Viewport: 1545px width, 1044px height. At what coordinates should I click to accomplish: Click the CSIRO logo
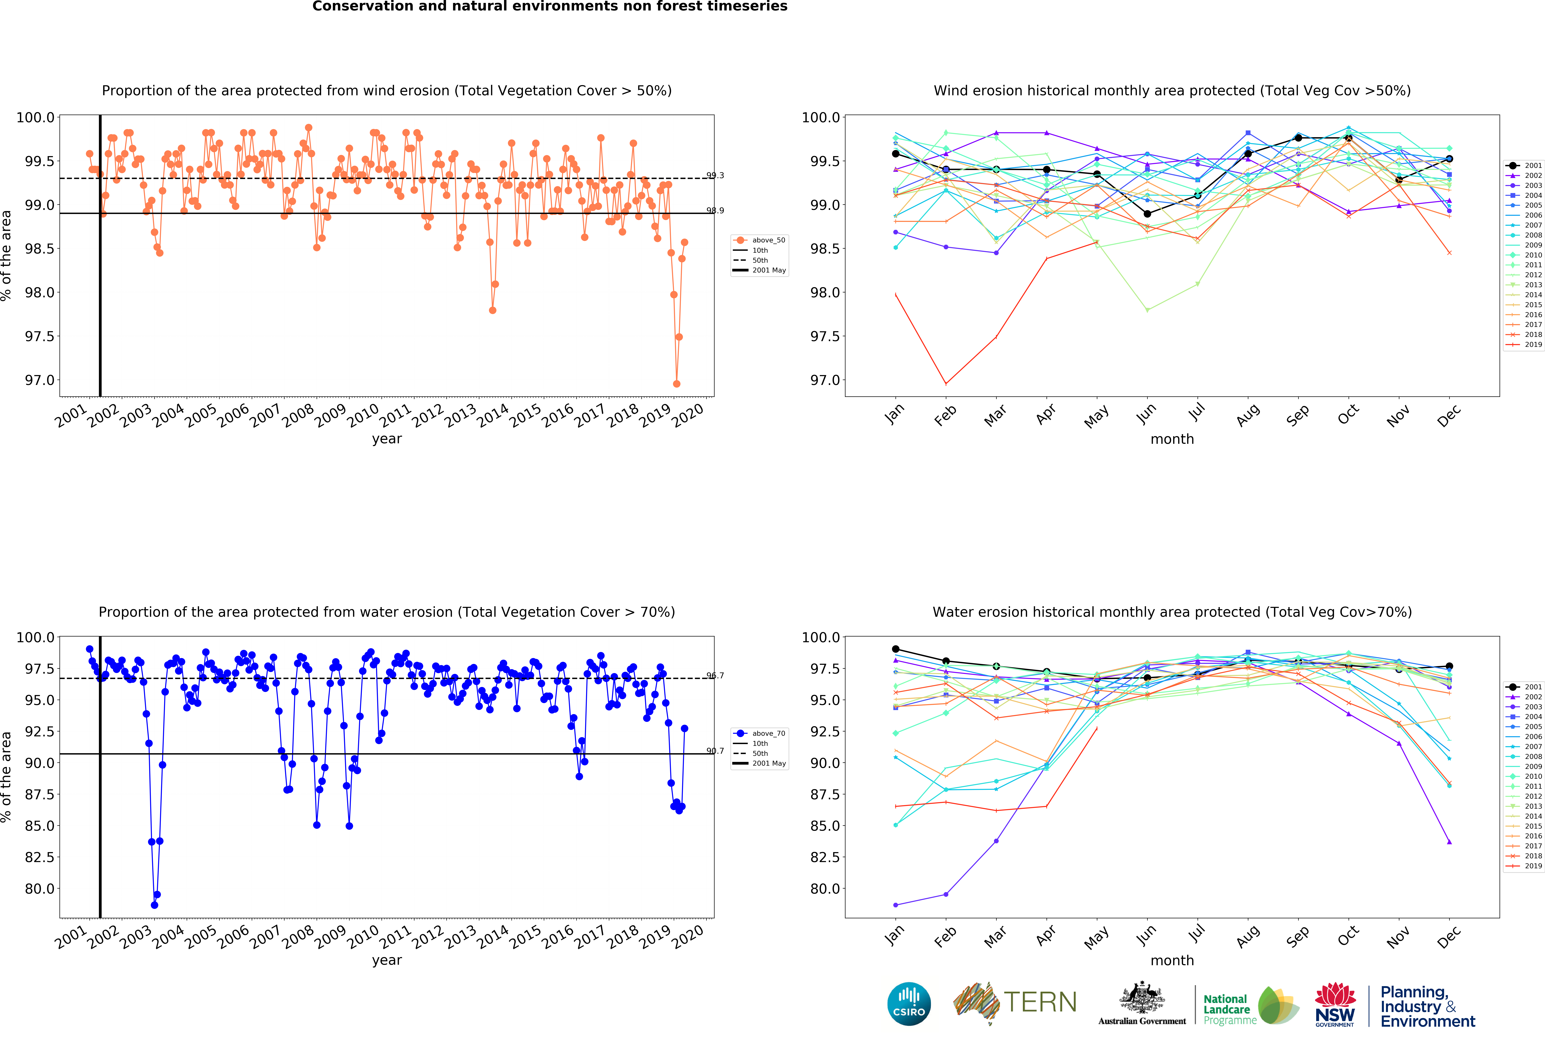click(x=909, y=1003)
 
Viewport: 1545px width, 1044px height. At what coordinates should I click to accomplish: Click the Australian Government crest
click(x=1141, y=997)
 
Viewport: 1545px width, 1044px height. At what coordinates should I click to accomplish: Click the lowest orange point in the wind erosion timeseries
click(x=676, y=384)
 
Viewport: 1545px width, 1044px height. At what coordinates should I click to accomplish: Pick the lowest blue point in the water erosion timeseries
click(x=154, y=905)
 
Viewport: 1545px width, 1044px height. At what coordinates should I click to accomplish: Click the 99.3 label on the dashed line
click(x=715, y=176)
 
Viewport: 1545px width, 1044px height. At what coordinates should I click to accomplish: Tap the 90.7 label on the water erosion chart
click(x=715, y=751)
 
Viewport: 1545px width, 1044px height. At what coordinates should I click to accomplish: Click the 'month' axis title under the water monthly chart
click(x=1172, y=960)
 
